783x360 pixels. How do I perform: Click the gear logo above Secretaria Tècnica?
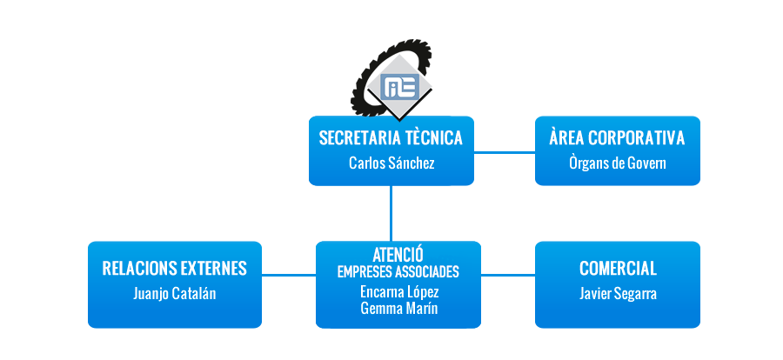[391, 80]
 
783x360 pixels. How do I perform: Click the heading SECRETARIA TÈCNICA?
[391, 138]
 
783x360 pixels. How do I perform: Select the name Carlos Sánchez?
[391, 163]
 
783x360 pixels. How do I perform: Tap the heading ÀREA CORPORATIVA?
[617, 137]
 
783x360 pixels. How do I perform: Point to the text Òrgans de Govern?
[617, 163]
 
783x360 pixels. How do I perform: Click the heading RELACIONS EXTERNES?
[174, 268]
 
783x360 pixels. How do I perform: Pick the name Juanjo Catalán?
[174, 294]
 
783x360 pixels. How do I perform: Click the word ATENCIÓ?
[398, 255]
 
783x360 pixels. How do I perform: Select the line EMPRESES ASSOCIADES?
[398, 272]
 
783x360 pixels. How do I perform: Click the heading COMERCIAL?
[618, 269]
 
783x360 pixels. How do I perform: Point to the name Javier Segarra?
[618, 294]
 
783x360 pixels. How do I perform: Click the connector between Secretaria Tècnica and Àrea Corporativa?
[505, 152]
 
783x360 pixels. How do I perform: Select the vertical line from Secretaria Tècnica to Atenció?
[391, 214]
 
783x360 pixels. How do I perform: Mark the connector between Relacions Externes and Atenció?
[289, 275]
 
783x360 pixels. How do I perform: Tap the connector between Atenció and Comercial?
[508, 275]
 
